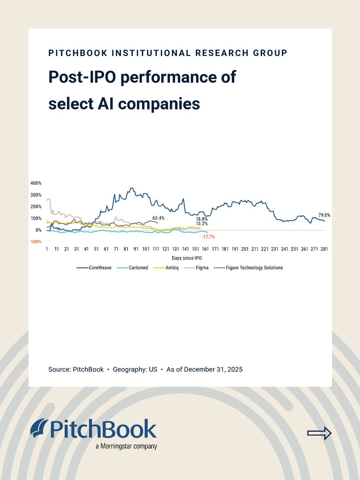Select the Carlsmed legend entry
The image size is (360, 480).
[x=134, y=268]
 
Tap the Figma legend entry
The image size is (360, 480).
[x=201, y=268]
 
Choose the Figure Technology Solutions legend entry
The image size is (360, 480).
[x=248, y=268]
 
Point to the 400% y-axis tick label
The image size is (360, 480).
[x=36, y=183]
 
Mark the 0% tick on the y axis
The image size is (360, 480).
[x=38, y=230]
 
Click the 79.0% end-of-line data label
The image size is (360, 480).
[x=324, y=215]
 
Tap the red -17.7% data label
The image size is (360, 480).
[x=208, y=237]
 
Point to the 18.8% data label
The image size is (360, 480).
[x=201, y=219]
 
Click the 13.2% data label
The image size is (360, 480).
[x=201, y=224]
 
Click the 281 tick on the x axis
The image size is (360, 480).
[x=324, y=249]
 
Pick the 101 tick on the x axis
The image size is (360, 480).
[x=146, y=249]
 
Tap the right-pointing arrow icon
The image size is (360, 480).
[x=319, y=433]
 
